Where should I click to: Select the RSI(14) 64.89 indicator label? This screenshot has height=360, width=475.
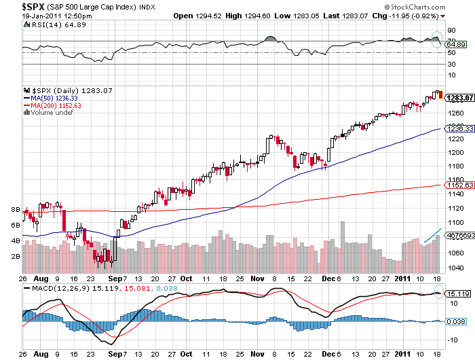[x=46, y=24]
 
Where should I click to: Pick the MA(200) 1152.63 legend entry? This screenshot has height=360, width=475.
[x=54, y=106]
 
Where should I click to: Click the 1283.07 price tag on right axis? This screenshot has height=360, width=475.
[x=455, y=97]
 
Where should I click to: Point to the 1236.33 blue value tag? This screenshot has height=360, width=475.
[x=455, y=128]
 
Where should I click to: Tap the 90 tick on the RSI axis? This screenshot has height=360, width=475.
[x=449, y=30]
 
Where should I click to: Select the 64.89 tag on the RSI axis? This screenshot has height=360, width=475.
[x=455, y=44]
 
